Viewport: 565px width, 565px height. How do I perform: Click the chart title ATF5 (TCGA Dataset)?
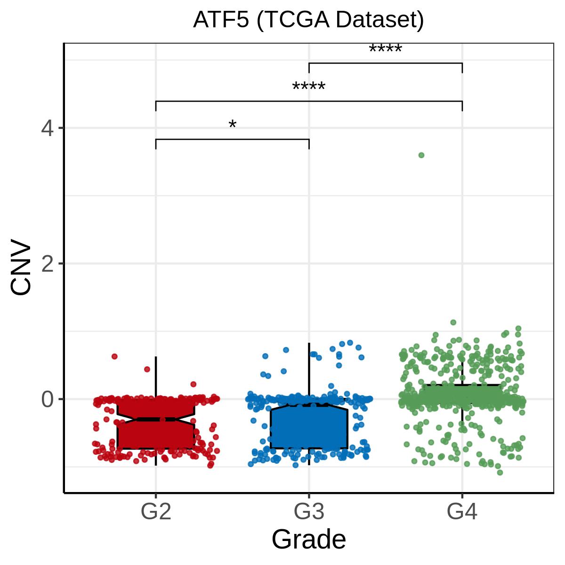[x=308, y=20]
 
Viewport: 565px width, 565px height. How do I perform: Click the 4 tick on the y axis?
[x=47, y=129]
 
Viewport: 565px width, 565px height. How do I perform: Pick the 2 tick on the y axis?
[x=47, y=264]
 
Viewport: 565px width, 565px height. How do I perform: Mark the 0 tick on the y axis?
[x=47, y=399]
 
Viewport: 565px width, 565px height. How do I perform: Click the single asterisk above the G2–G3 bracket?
[x=233, y=124]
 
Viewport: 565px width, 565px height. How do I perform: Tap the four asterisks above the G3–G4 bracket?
[x=386, y=48]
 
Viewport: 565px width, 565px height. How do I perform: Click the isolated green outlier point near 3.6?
[x=421, y=155]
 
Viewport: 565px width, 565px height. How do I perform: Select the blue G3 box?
[x=309, y=426]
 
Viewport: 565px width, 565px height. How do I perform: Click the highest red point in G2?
[x=114, y=356]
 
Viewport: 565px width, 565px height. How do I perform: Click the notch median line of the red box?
[x=156, y=420]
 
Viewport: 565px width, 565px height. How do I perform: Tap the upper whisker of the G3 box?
[x=309, y=374]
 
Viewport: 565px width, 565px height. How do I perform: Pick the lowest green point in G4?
[x=500, y=472]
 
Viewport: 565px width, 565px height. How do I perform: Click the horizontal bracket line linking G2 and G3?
[x=233, y=139]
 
